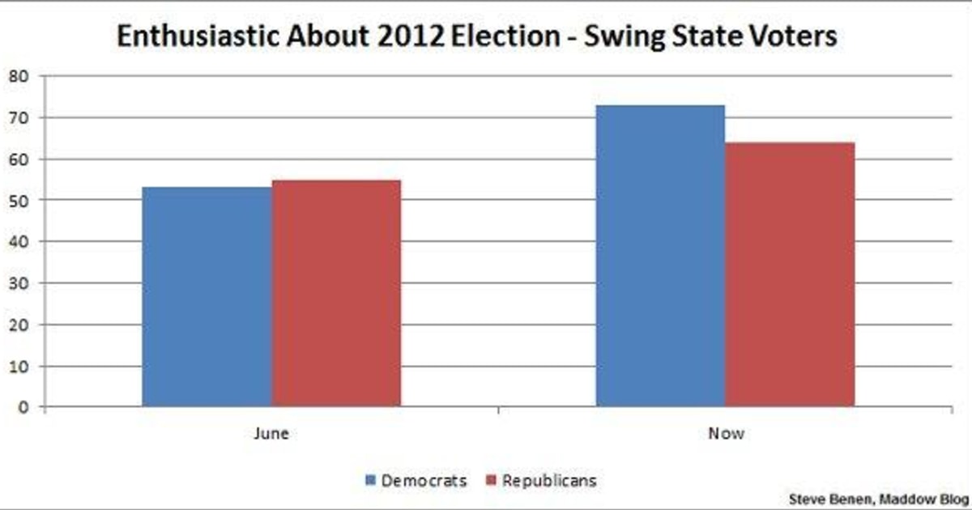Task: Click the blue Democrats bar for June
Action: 207,296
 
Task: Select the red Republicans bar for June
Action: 336,292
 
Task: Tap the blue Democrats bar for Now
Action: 660,255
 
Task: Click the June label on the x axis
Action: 271,433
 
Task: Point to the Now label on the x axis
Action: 726,433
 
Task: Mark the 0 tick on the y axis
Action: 23,407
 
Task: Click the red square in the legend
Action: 491,481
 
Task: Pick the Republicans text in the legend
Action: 549,481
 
